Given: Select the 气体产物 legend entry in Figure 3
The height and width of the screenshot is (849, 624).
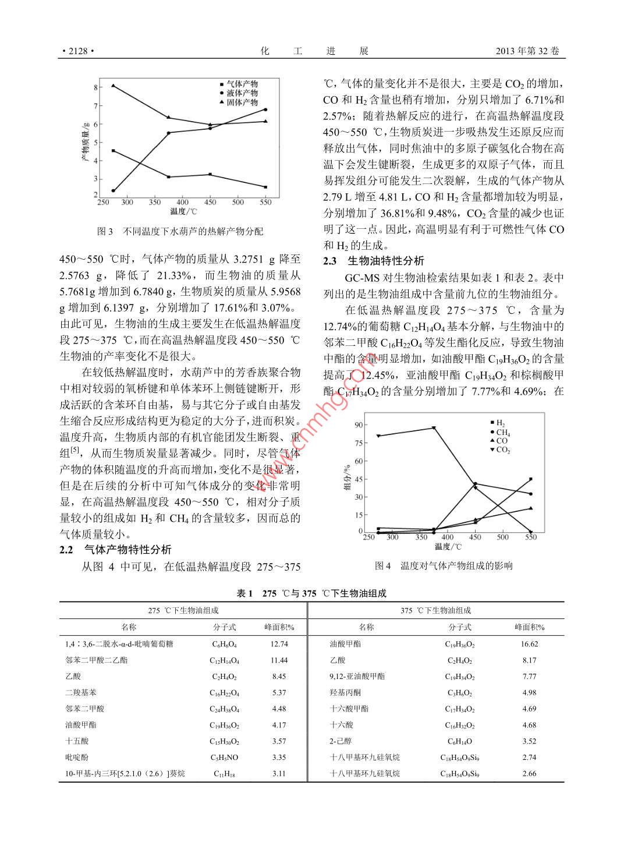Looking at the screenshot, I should coord(242,84).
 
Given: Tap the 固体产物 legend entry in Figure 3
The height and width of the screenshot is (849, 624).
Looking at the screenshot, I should coord(242,102).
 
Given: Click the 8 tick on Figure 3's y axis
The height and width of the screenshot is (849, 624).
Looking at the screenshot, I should coord(95,87).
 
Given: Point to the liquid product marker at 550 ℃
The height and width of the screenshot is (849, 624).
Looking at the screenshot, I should coord(265,109).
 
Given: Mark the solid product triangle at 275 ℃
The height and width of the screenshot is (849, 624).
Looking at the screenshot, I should coord(113,86).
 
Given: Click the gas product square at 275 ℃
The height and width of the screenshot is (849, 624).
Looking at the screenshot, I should coord(113,151).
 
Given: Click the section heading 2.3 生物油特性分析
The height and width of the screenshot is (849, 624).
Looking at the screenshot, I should coord(374,261).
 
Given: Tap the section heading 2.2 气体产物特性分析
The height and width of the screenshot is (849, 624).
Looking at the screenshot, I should coord(115,550).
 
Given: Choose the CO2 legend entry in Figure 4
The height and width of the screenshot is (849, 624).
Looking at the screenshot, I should coord(502,450).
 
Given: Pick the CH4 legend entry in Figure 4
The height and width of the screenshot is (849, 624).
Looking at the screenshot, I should coord(502,432).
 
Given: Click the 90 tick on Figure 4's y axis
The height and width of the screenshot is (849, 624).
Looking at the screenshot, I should coord(359,425).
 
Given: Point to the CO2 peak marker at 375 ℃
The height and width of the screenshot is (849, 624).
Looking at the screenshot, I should coord(434,428).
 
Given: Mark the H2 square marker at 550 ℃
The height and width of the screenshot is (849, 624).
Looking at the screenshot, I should coord(530,479).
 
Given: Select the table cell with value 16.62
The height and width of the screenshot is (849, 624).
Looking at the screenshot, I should coord(529,644).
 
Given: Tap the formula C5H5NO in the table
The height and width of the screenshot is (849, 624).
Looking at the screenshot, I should coord(224,758).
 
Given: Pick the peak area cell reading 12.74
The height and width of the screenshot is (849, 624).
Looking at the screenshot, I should coord(279,644).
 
